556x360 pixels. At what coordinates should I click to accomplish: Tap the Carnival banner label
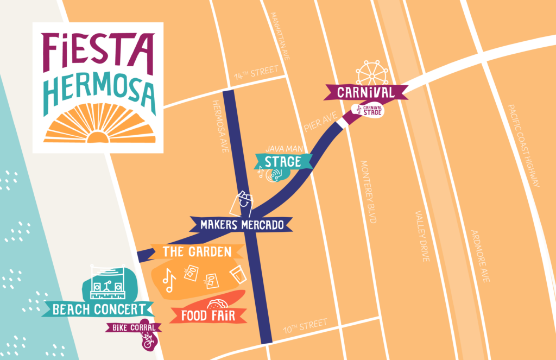365,92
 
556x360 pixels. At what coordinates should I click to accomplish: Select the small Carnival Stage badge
369,110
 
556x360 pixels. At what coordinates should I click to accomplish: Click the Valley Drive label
421,236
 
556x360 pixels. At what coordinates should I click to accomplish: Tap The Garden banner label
197,251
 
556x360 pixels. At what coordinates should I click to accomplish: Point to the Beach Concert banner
99,310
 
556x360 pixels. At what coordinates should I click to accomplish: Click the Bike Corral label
133,327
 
